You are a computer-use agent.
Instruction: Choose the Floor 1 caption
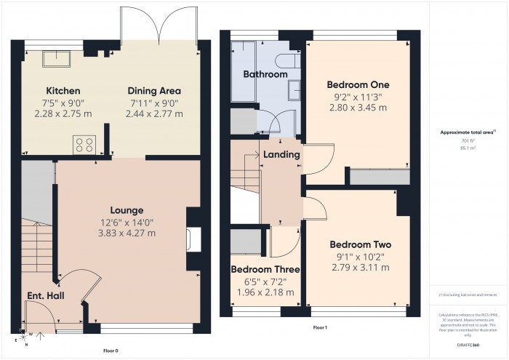[x=320, y=328]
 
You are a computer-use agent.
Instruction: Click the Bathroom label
[x=265, y=74]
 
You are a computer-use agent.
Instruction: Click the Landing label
[x=278, y=154]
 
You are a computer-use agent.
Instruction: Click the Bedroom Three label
[x=265, y=269]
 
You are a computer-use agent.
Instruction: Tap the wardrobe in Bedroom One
[x=378, y=176]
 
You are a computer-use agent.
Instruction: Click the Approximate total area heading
[x=467, y=132]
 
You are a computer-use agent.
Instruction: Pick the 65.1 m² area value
[x=468, y=146]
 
